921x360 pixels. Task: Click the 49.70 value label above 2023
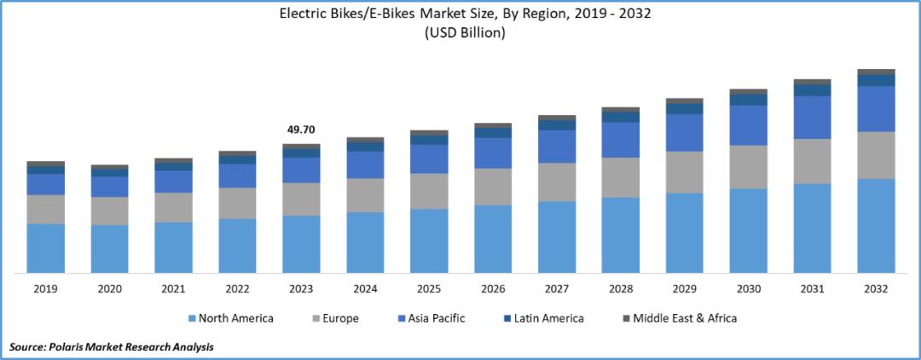pyautogui.click(x=301, y=130)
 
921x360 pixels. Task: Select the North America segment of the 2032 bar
pyautogui.click(x=876, y=225)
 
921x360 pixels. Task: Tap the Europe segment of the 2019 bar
pyautogui.click(x=45, y=209)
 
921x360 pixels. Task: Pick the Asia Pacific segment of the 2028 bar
pyautogui.click(x=621, y=140)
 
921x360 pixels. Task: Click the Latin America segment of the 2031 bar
pyautogui.click(x=812, y=90)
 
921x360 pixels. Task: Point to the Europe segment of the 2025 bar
pyautogui.click(x=429, y=191)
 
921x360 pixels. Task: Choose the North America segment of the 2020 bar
pyautogui.click(x=109, y=248)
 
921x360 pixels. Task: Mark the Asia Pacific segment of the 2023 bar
pyautogui.click(x=301, y=170)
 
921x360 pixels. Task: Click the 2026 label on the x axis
pyautogui.click(x=493, y=289)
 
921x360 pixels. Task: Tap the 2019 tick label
pyautogui.click(x=45, y=289)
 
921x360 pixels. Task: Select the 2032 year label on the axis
pyautogui.click(x=876, y=289)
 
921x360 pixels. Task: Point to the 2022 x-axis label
pyautogui.click(x=237, y=289)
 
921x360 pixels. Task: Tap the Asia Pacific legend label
pyautogui.click(x=437, y=319)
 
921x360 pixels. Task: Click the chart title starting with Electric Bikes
pyautogui.click(x=460, y=15)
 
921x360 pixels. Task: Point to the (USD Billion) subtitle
pyautogui.click(x=460, y=33)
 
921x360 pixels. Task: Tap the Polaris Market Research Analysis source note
pyautogui.click(x=111, y=347)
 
